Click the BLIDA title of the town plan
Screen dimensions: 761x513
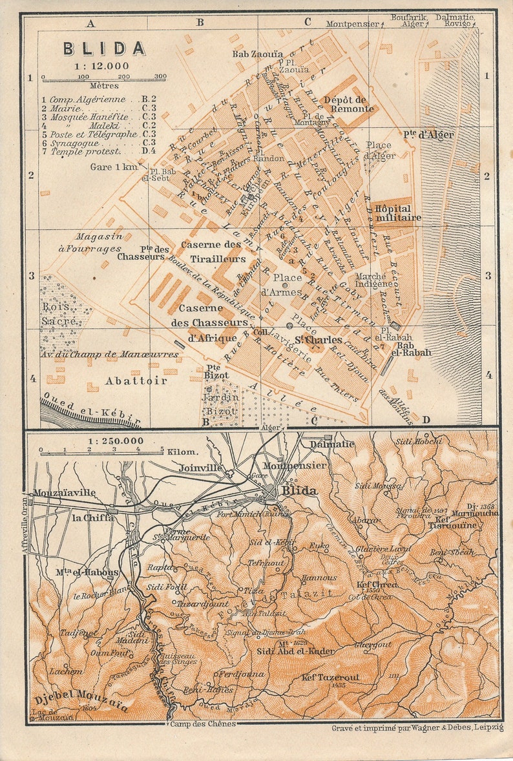[x=104, y=48]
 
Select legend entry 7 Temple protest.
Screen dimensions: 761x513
[x=81, y=151]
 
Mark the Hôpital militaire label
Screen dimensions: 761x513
[x=397, y=213]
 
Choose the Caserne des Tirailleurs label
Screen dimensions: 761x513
[x=213, y=251]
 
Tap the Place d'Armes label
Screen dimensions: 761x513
[x=287, y=284]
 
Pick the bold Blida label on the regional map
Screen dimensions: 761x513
[x=299, y=491]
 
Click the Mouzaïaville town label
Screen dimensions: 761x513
[x=65, y=492]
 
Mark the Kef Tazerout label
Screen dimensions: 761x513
[x=331, y=677]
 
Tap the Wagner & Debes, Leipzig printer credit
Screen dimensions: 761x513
[x=416, y=727]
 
